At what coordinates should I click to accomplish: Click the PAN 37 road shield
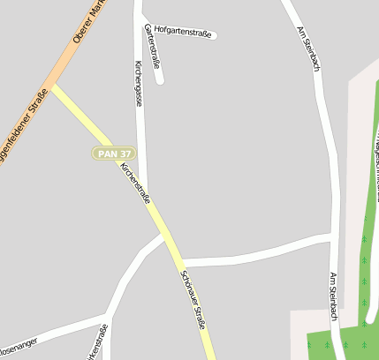tap(114, 154)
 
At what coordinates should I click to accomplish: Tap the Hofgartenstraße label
tap(182, 33)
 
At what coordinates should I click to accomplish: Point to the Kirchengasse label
tap(138, 84)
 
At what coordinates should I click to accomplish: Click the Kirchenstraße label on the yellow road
tap(135, 183)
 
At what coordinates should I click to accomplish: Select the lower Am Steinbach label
tap(333, 298)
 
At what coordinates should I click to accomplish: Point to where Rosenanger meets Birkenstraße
tap(106, 316)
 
